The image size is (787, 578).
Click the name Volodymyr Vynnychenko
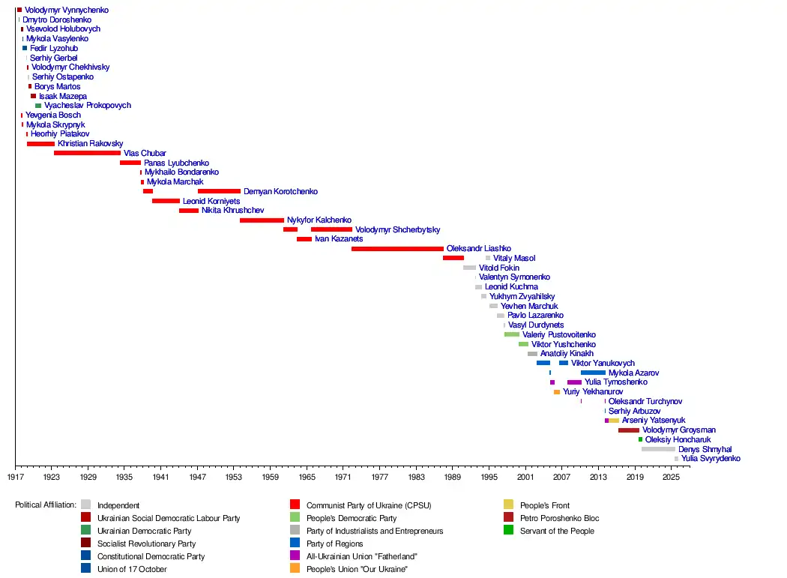click(x=66, y=10)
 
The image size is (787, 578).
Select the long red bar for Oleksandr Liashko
click(x=397, y=249)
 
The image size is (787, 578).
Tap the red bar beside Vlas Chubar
click(x=88, y=153)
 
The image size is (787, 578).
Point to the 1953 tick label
click(x=233, y=477)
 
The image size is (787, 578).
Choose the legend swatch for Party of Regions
click(x=295, y=543)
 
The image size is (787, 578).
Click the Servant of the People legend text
click(x=557, y=531)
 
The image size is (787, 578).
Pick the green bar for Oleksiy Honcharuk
click(x=640, y=439)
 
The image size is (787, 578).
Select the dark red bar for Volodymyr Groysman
click(x=629, y=430)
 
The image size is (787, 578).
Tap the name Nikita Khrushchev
click(x=233, y=211)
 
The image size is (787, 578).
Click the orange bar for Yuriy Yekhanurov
click(x=557, y=392)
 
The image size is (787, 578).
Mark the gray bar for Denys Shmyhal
click(x=659, y=449)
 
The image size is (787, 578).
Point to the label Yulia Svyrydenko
click(x=711, y=459)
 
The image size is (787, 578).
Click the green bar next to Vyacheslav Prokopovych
click(x=38, y=106)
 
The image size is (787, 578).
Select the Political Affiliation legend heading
click(x=46, y=505)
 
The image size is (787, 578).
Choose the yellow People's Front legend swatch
click(x=508, y=505)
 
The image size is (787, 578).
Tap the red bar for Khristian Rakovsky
click(x=40, y=144)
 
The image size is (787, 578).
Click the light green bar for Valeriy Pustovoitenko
click(x=512, y=334)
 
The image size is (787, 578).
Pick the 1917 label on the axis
click(x=16, y=477)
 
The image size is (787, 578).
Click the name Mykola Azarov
click(x=633, y=373)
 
